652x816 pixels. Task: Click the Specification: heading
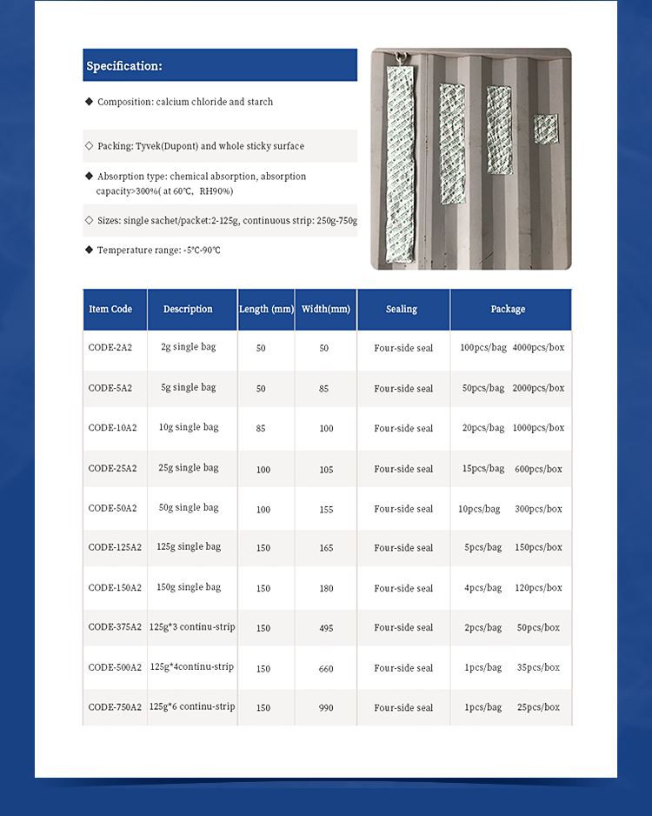[x=124, y=66]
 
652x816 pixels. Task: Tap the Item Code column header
[x=110, y=309]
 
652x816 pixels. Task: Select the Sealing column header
[x=402, y=309]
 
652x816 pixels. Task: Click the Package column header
[x=508, y=309]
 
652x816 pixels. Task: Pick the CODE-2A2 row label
[x=110, y=347]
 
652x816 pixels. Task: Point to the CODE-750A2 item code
[x=115, y=707]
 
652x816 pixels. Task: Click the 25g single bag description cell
[x=189, y=468]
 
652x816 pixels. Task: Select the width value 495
[x=325, y=628]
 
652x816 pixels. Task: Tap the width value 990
[x=325, y=708]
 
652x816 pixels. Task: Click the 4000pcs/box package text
[x=538, y=347]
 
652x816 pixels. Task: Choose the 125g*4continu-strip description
[x=192, y=667]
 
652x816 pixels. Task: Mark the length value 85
[x=261, y=428]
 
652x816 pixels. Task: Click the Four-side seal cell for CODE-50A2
[x=403, y=509]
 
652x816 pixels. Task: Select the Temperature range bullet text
[x=158, y=251]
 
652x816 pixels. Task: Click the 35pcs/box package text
[x=538, y=667]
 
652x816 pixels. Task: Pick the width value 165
[x=325, y=548]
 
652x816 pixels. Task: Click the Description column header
[x=188, y=309]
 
